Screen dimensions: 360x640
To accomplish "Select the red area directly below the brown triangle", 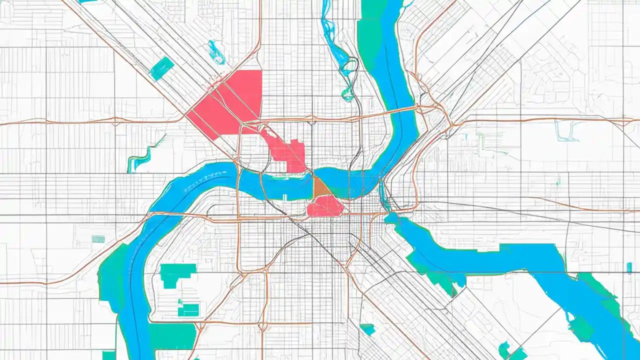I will point(325,206).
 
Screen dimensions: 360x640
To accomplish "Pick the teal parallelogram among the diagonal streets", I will point(162,68).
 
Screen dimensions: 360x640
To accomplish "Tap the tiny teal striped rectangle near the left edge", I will point(98,239).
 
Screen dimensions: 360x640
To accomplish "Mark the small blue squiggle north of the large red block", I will point(217,52).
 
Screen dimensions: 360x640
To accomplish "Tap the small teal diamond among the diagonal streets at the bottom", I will point(368,329).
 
